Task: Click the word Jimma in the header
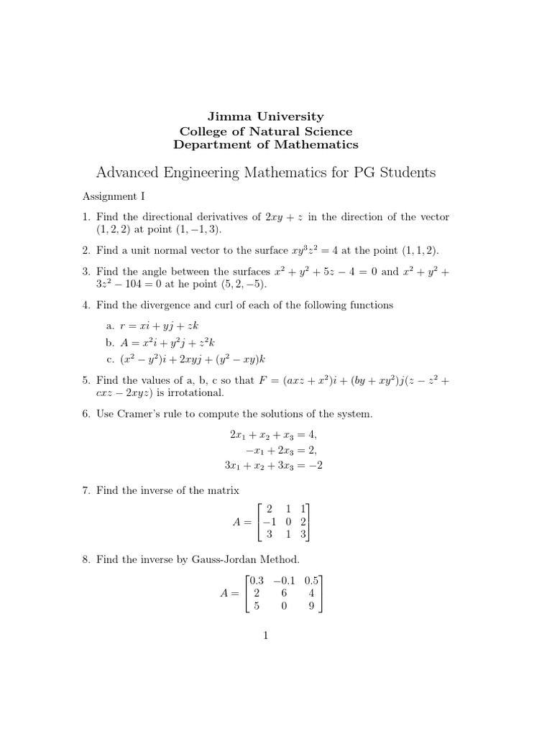(226, 116)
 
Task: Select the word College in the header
(205, 131)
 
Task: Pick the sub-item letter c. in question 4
(110, 359)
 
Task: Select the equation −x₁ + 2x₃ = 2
(276, 451)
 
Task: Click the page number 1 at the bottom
(266, 635)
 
